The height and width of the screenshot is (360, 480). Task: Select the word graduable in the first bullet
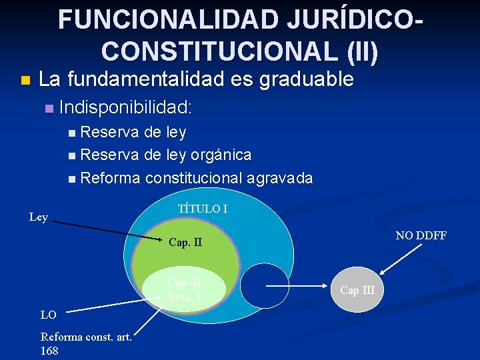307,79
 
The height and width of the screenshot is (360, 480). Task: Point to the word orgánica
221,155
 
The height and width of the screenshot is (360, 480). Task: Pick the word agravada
280,178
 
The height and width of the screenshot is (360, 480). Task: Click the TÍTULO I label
203,209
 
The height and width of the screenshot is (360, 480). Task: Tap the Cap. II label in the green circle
185,242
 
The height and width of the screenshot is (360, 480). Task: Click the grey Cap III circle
357,289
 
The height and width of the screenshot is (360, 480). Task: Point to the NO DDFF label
421,235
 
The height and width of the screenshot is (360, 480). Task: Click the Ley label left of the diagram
39,217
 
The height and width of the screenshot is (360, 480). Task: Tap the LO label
49,314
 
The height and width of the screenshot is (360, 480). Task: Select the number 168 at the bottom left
49,351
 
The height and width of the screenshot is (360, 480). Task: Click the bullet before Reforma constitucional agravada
72,179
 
